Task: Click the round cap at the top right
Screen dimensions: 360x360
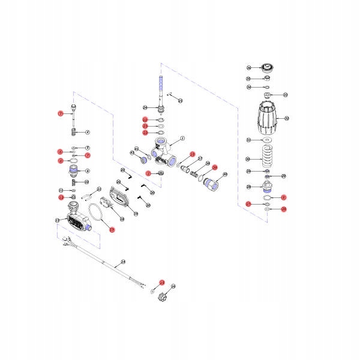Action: click(266, 67)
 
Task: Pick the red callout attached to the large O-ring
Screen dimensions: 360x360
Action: click(110, 229)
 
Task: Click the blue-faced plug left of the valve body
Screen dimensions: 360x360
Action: click(145, 160)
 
